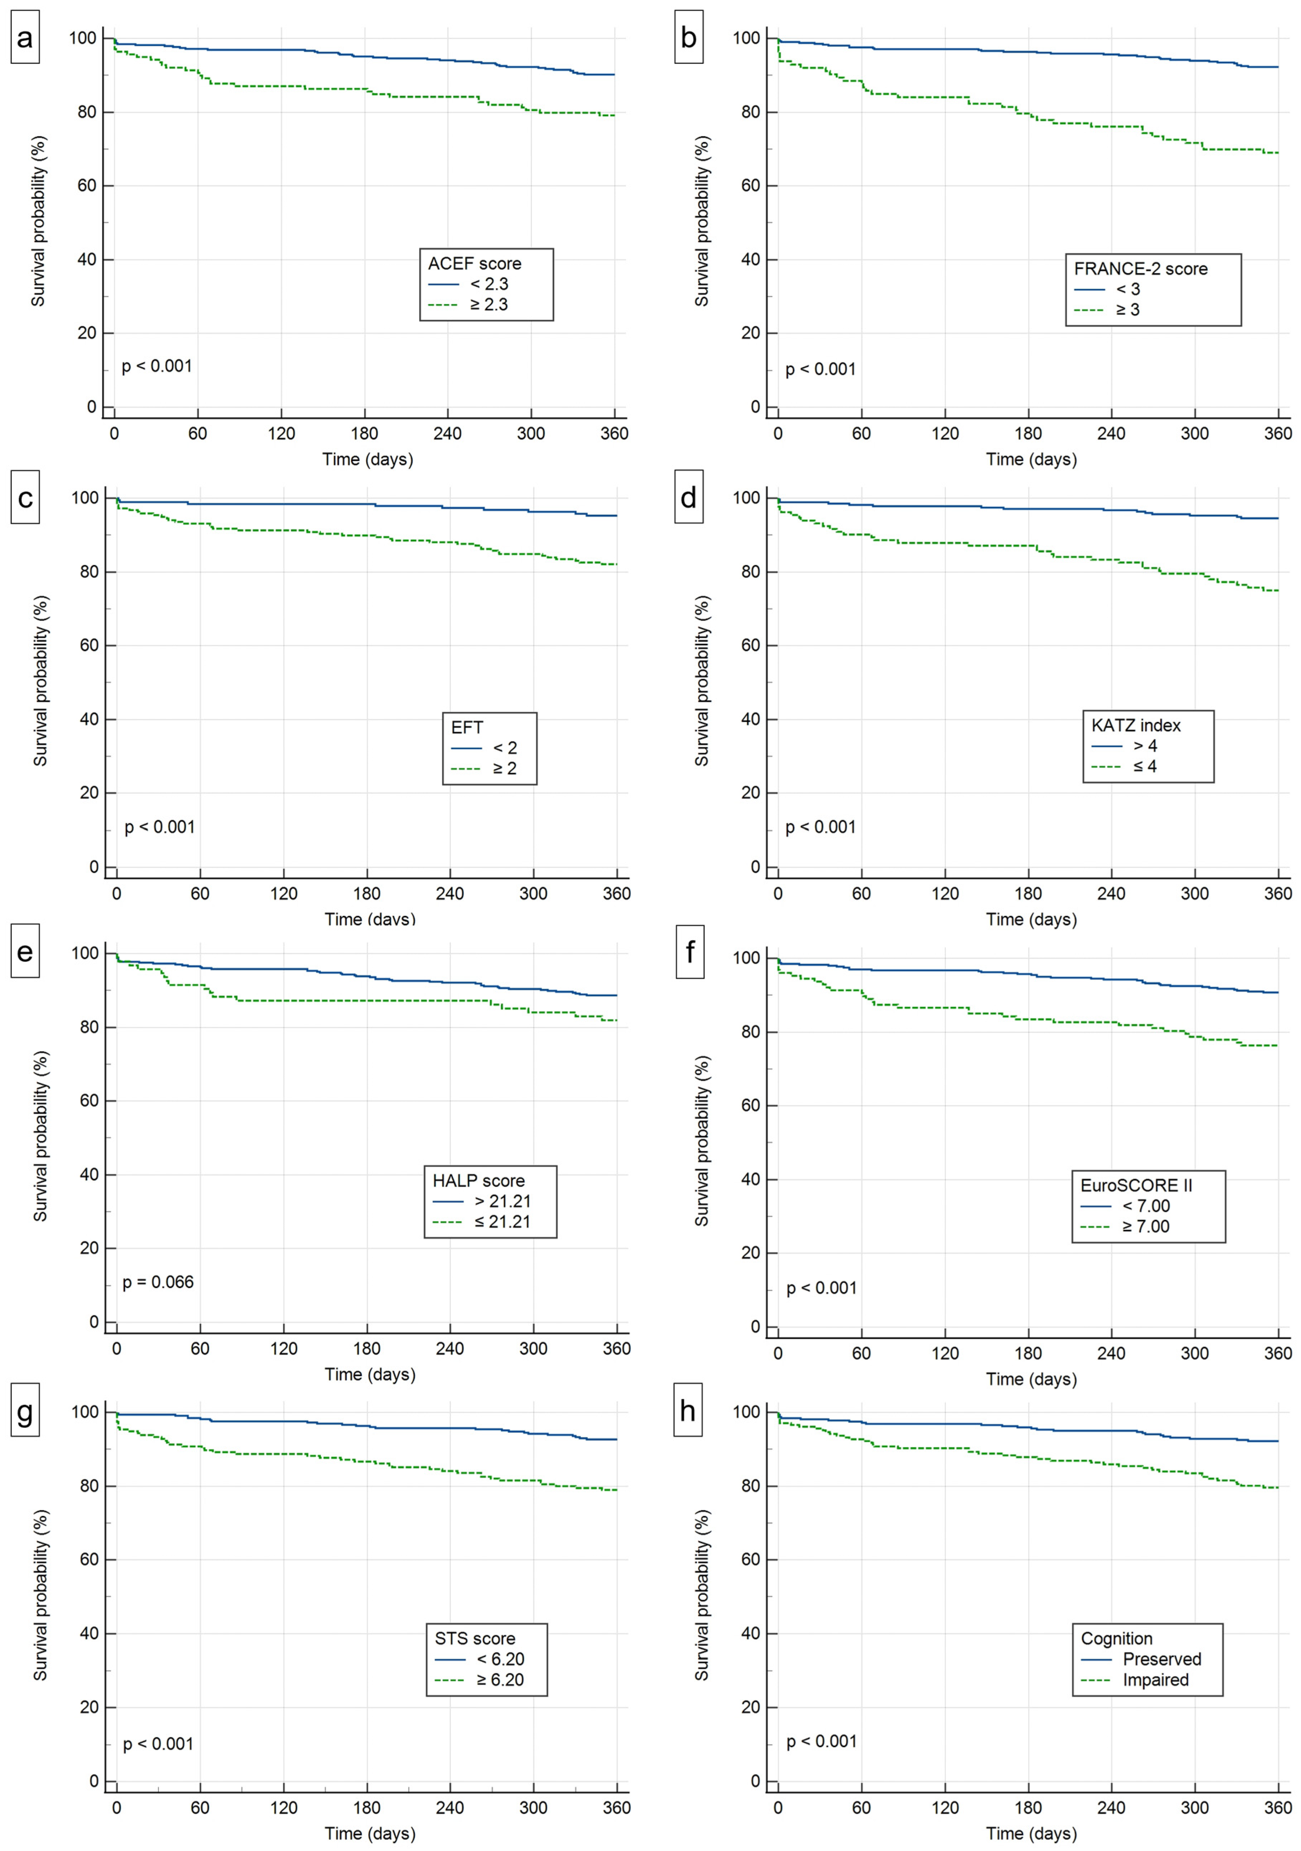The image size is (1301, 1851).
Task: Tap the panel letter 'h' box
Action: [x=688, y=1411]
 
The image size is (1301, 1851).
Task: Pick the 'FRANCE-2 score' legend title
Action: [x=1140, y=269]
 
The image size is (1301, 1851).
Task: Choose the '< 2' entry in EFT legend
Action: [x=505, y=748]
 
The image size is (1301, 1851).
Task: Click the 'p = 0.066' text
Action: [x=158, y=1282]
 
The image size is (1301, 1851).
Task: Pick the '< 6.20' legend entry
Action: [x=500, y=1659]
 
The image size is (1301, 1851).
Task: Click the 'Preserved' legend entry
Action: [x=1162, y=1659]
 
